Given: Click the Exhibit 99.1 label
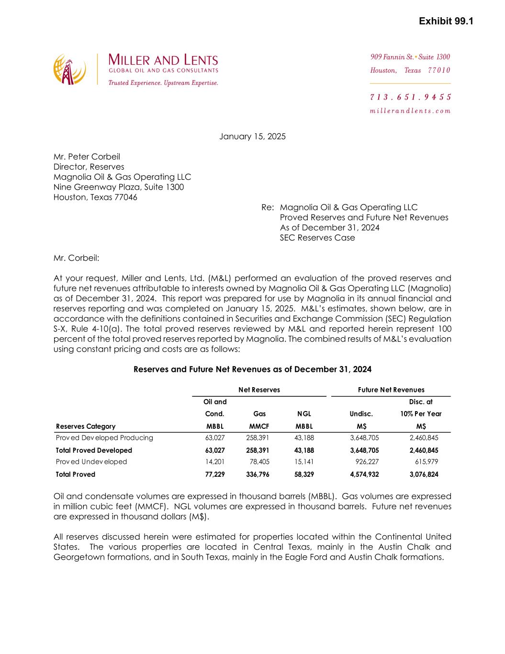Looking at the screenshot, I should tap(446, 22).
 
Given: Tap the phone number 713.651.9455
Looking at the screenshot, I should tap(410, 97).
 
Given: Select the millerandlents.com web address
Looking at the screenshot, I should tap(410, 111).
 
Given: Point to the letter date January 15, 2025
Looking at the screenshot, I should tap(252, 137).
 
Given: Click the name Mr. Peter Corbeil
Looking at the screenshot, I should tap(87, 157).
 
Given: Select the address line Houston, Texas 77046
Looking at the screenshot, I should tap(95, 197).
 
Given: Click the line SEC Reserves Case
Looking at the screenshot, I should tap(317, 238).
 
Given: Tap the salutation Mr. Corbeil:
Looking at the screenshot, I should tap(77, 258).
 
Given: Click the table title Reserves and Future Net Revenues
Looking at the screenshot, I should tap(252, 369).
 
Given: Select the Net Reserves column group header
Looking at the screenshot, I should tap(259, 390).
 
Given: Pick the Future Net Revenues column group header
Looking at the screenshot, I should tap(391, 390).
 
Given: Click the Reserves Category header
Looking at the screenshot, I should tap(86, 426).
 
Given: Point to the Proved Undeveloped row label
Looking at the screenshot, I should tap(91, 462).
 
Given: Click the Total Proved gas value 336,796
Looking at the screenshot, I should tap(259, 474).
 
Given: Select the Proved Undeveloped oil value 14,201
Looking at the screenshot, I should tap(215, 462).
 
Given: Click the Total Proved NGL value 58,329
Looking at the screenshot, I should tap(304, 474).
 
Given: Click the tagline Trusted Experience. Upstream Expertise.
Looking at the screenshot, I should tap(163, 83).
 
